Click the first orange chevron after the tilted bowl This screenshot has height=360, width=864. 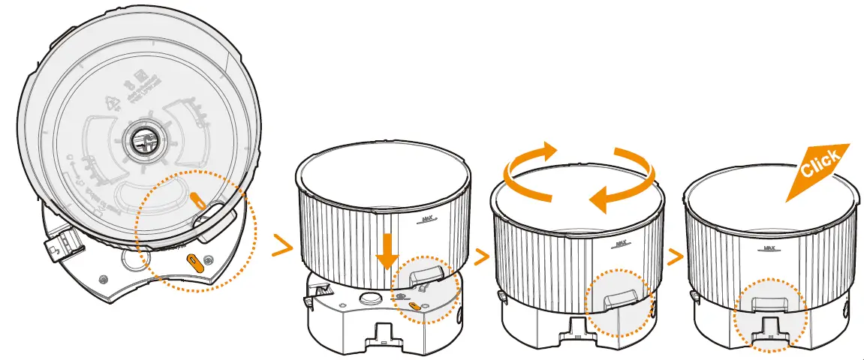[x=282, y=245]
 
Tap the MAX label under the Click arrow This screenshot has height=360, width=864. [x=769, y=247]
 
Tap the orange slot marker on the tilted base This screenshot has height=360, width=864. [x=193, y=262]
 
